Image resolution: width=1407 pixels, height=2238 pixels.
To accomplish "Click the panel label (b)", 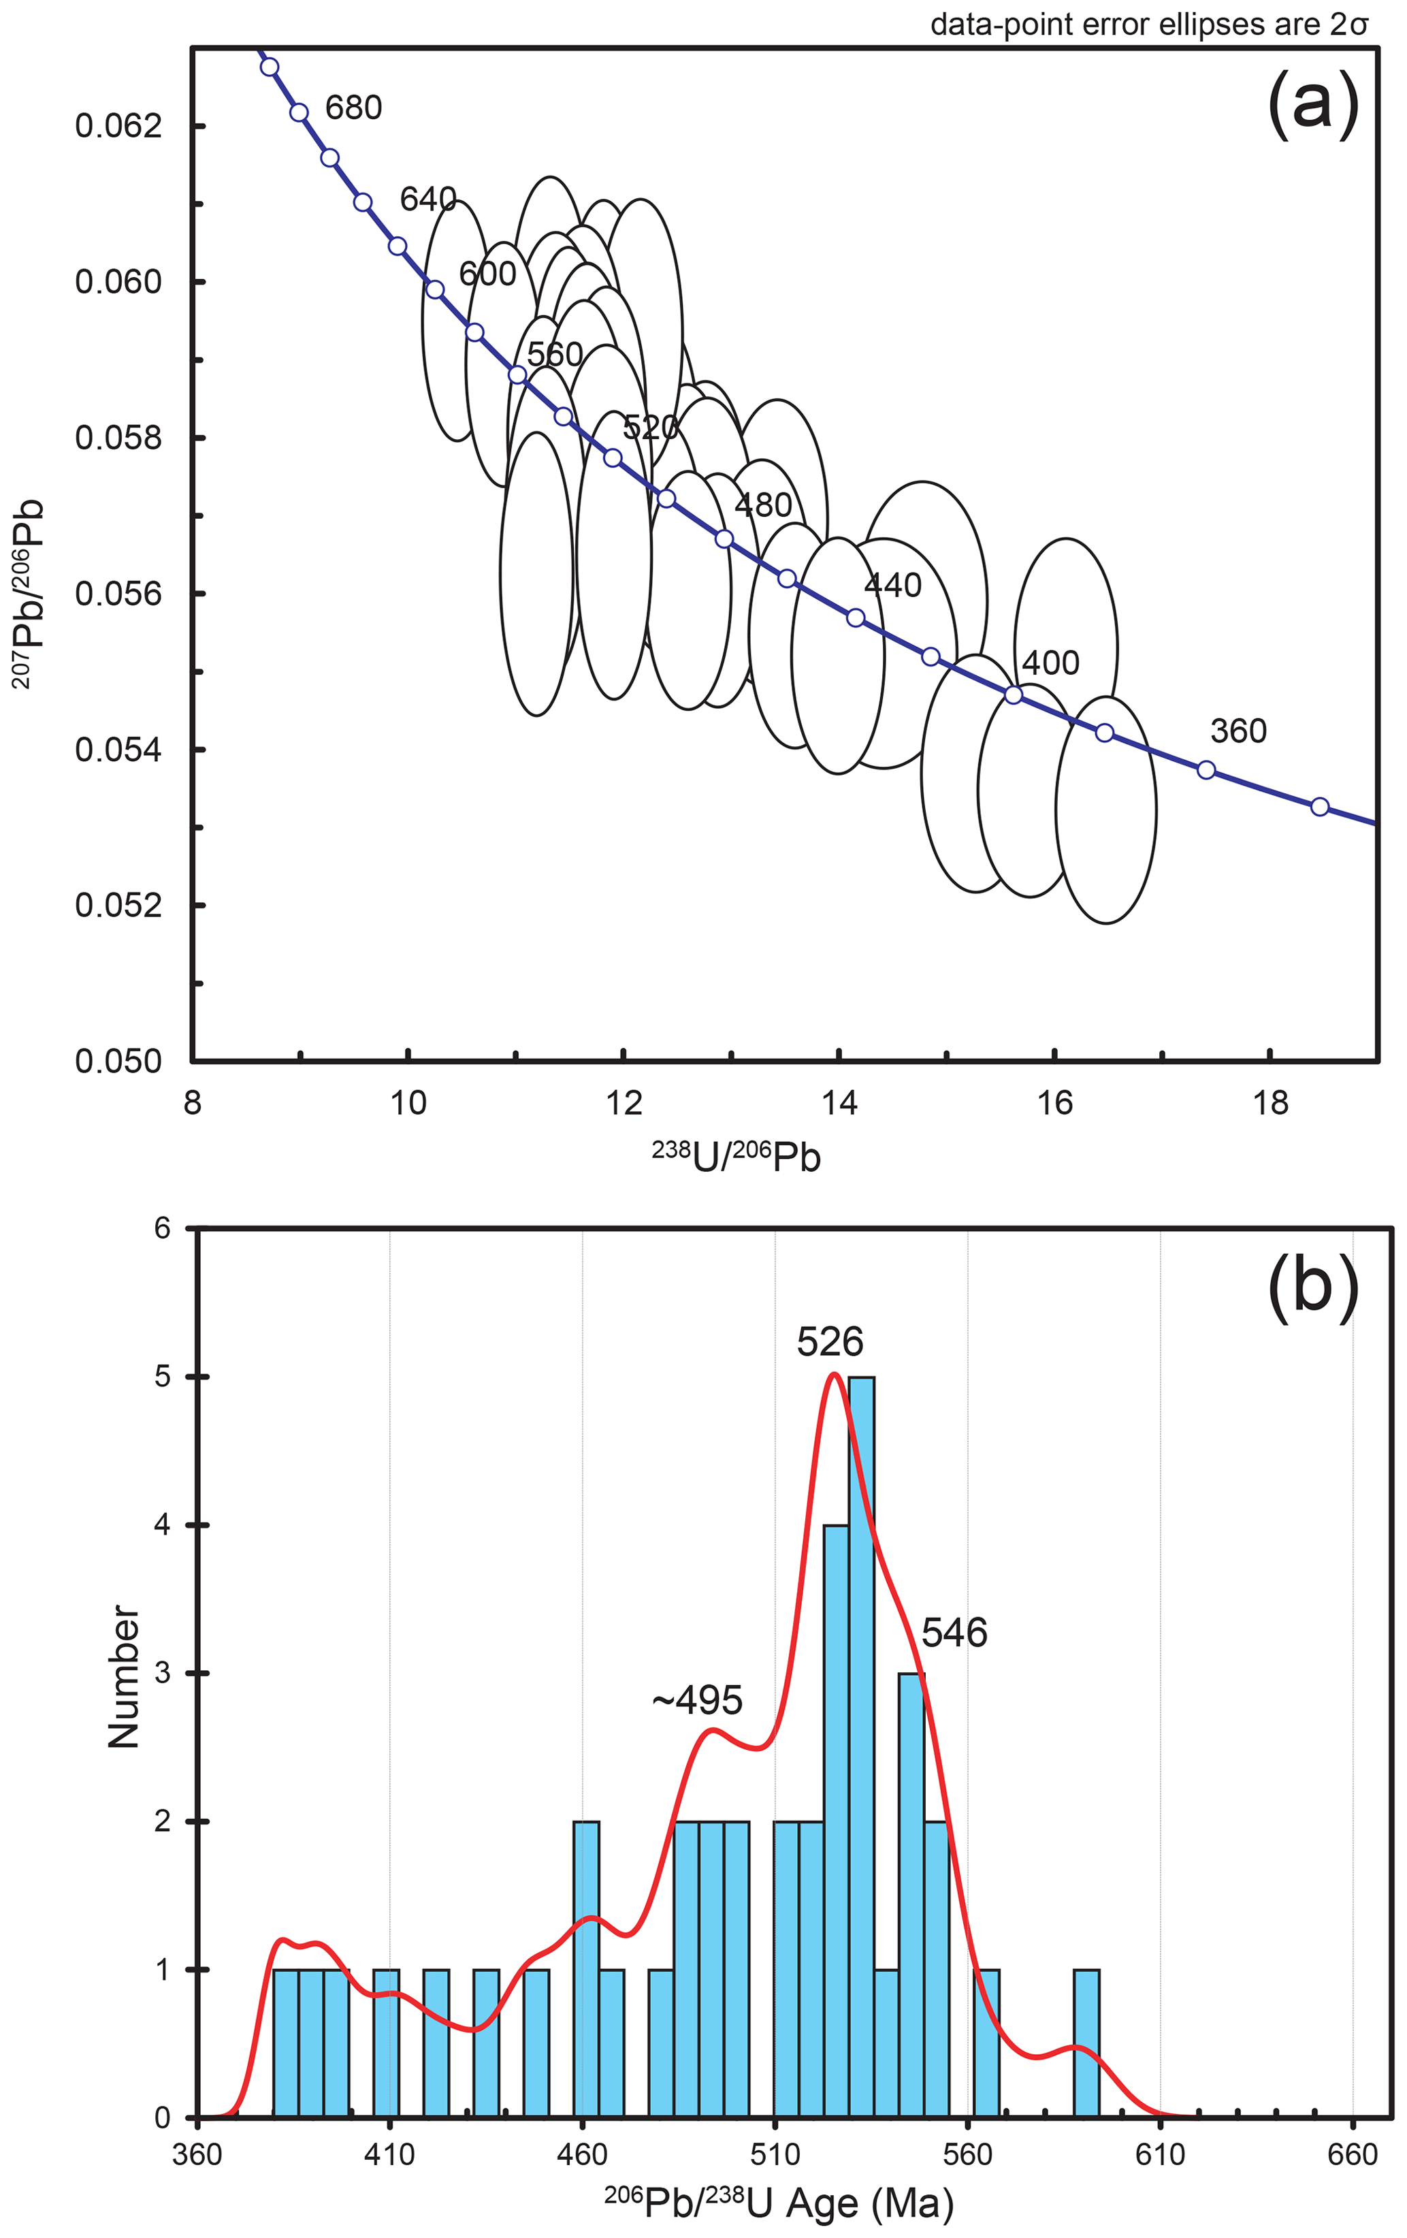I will [1312, 1289].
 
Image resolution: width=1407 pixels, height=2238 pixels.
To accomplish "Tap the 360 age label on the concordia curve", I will [1238, 731].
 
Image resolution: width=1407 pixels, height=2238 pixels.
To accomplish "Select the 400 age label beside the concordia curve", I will [1050, 662].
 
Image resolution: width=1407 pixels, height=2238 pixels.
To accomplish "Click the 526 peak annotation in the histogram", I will [830, 1342].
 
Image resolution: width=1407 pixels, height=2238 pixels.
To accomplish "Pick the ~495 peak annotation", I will [697, 1701].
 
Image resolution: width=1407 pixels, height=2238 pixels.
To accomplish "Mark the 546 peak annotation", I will [954, 1633].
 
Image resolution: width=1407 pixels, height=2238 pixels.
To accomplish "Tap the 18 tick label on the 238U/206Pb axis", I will [1270, 1103].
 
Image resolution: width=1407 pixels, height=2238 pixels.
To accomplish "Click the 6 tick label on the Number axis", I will [163, 1229].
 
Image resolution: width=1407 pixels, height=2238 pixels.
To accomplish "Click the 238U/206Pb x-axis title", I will [736, 1156].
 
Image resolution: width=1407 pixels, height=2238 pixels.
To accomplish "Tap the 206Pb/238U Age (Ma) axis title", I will [779, 2203].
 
